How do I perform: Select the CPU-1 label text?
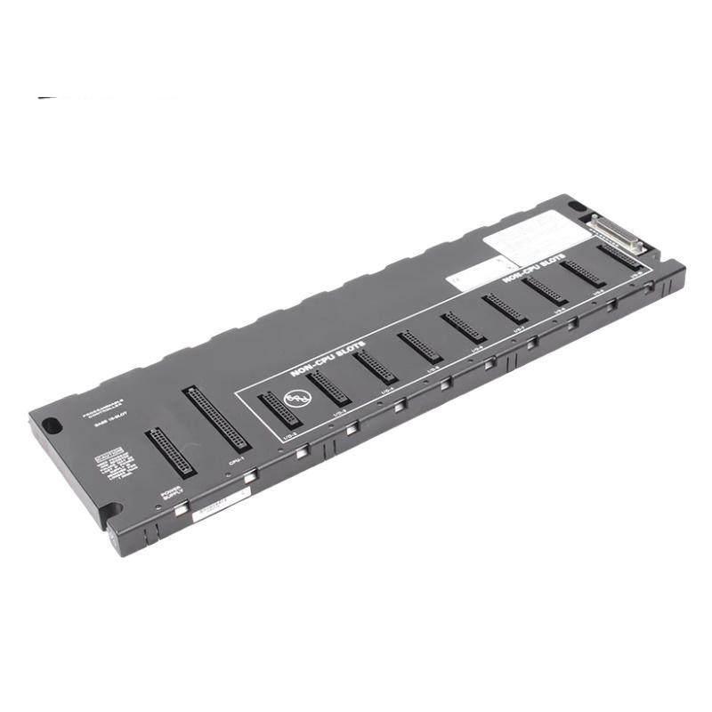(x=236, y=463)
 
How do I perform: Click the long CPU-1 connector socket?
(x=216, y=418)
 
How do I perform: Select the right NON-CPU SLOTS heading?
(x=534, y=270)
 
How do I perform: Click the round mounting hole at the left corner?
(x=53, y=426)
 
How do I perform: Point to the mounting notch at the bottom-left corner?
(x=109, y=514)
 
